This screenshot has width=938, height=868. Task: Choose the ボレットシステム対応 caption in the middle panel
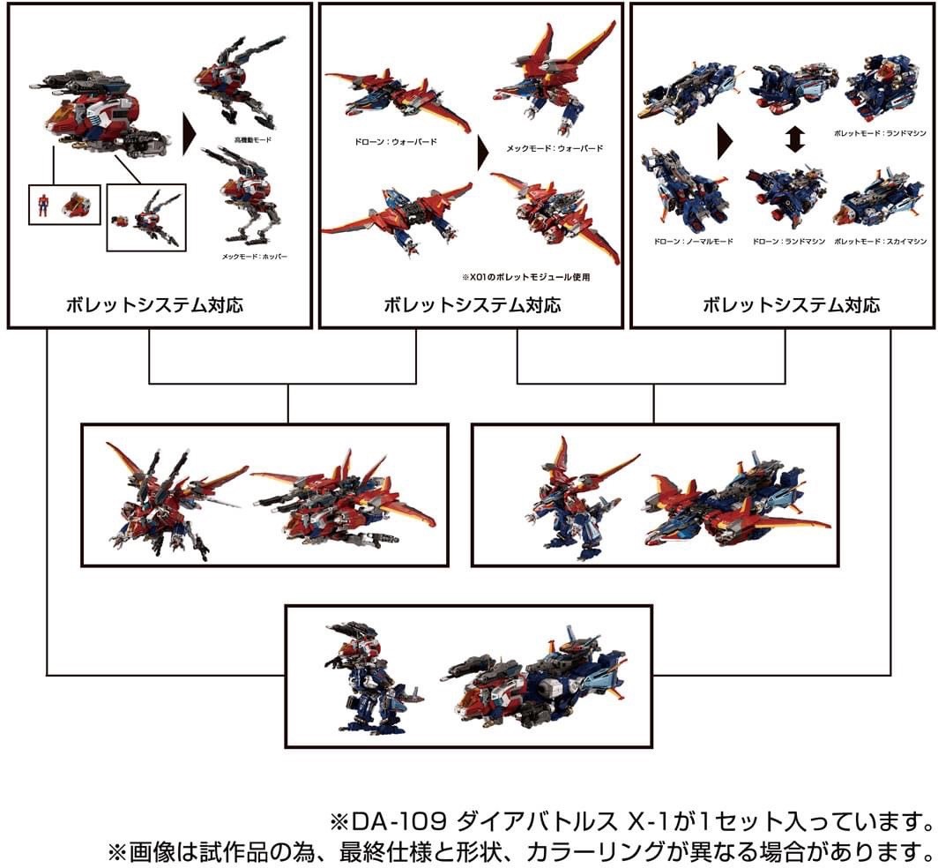coord(472,305)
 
